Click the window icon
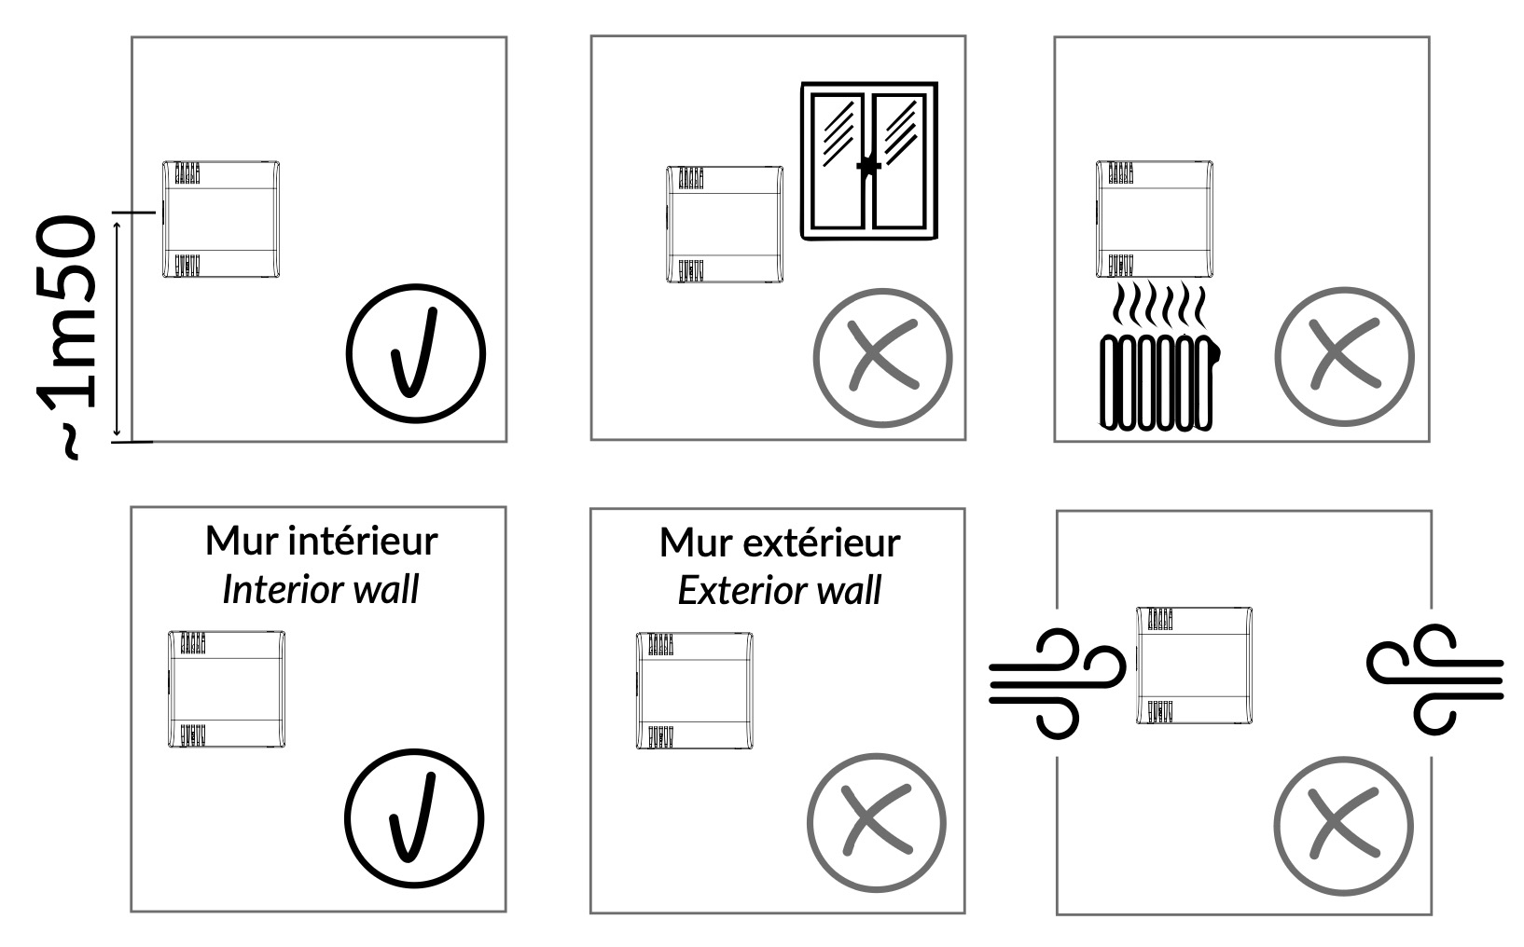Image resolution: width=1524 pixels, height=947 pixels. pyautogui.click(x=869, y=161)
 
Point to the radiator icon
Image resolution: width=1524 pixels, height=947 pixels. pyautogui.click(x=1159, y=383)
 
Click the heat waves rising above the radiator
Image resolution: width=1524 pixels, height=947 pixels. pyautogui.click(x=1158, y=305)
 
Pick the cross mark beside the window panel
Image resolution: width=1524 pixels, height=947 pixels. pyautogui.click(x=883, y=358)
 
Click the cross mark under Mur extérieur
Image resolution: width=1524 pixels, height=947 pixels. pyautogui.click(x=877, y=823)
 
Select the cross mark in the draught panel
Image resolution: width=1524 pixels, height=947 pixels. pyautogui.click(x=1344, y=826)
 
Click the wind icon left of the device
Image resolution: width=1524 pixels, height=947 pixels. pyautogui.click(x=1057, y=683)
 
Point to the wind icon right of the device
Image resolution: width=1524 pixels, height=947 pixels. pyautogui.click(x=1434, y=679)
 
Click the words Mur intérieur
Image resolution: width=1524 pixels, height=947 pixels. pyautogui.click(x=321, y=542)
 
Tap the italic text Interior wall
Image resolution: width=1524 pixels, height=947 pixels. pyautogui.click(x=321, y=589)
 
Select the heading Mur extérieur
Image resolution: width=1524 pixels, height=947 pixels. pyautogui.click(x=780, y=543)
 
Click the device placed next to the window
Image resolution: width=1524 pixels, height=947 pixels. pyautogui.click(x=725, y=225)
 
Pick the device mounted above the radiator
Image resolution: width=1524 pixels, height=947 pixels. pyautogui.click(x=1155, y=219)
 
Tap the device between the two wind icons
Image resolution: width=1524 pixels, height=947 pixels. pyautogui.click(x=1194, y=666)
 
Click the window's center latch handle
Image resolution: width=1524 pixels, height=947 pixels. pyautogui.click(x=869, y=166)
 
